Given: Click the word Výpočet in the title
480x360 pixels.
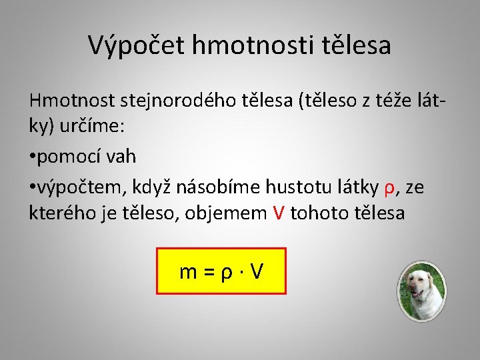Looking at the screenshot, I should coord(137,45).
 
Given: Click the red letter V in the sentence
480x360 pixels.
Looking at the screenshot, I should coord(279,213).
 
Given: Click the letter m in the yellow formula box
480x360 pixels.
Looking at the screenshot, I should coord(188,271).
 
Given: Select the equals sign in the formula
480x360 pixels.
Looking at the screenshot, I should coord(208,272).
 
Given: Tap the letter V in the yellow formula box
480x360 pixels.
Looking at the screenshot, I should coord(257,271).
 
